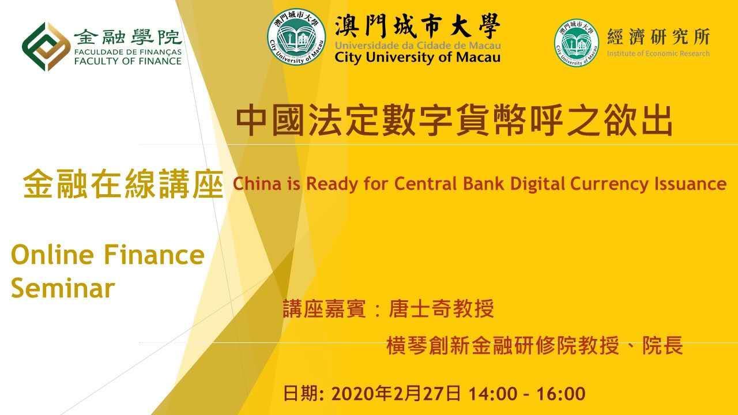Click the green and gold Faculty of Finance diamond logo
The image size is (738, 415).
point(46,47)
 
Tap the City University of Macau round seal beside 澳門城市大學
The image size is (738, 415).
point(296,36)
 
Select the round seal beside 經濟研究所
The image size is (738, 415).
point(577,43)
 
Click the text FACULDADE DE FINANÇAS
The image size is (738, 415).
point(128,52)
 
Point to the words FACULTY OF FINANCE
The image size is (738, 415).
point(128,61)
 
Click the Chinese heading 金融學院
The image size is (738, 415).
point(128,37)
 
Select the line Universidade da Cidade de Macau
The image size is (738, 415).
point(418,46)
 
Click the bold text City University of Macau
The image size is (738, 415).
point(418,58)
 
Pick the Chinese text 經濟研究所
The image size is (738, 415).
point(658,36)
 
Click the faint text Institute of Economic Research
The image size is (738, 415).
point(658,54)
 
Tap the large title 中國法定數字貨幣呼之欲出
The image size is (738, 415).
point(454,120)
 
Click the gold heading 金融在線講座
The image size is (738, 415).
point(123,184)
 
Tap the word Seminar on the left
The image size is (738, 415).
point(63,288)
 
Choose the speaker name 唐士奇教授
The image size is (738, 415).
point(441,308)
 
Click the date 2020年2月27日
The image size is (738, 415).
point(396,394)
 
